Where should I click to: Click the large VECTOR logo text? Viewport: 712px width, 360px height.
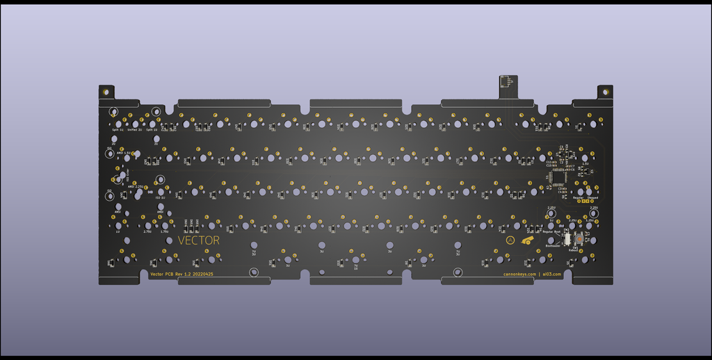[x=199, y=240]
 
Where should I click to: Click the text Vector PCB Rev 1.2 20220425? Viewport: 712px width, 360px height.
[x=181, y=274]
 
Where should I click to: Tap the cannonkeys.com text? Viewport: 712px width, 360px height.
[x=519, y=274]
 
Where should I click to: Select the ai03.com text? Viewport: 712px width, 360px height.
[x=551, y=274]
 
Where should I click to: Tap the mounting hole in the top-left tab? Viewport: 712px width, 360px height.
[x=106, y=91]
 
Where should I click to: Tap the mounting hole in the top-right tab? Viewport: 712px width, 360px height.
[x=605, y=91]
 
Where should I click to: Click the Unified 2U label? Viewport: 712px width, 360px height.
[x=135, y=130]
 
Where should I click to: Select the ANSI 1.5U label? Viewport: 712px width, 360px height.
[x=124, y=152]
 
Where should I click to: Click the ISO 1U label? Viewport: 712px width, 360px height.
[x=160, y=197]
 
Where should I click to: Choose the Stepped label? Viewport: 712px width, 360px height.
[x=592, y=197]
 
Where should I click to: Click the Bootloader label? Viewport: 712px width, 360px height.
[x=553, y=245]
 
